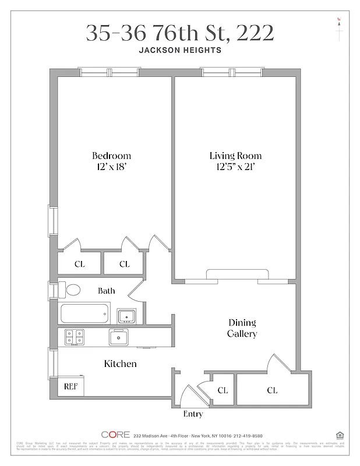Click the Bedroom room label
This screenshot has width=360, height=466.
click(111, 156)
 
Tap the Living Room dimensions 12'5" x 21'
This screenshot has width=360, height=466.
click(235, 168)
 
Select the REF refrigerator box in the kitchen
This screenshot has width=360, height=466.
click(70, 386)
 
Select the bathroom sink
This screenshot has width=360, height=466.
click(126, 316)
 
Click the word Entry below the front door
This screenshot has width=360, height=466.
click(193, 414)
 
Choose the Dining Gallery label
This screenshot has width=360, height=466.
click(242, 328)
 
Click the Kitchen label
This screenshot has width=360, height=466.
click(120, 363)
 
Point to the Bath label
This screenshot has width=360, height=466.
click(107, 291)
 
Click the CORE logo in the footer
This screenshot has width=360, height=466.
click(115, 435)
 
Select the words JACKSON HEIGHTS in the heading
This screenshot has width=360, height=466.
click(180, 50)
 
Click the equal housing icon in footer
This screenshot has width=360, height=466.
click(340, 435)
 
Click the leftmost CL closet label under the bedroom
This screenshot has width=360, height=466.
click(80, 264)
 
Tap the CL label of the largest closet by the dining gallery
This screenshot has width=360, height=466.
click(272, 390)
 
